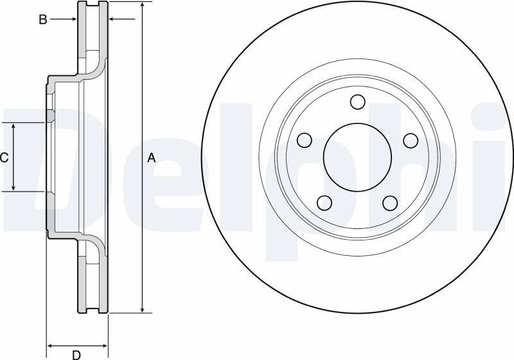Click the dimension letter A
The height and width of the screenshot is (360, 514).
[151, 158]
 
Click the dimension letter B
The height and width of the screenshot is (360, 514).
[43, 20]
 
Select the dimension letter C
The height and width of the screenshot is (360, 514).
[4, 158]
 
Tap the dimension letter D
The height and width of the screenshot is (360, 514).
[76, 354]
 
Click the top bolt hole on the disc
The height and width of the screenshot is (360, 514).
[357, 102]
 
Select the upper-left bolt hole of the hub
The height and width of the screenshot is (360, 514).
[305, 140]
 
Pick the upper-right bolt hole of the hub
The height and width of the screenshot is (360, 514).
[411, 140]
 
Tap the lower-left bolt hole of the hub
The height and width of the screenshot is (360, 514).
[324, 203]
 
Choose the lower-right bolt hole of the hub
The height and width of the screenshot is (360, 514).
[390, 203]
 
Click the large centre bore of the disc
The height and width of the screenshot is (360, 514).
[357, 157]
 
